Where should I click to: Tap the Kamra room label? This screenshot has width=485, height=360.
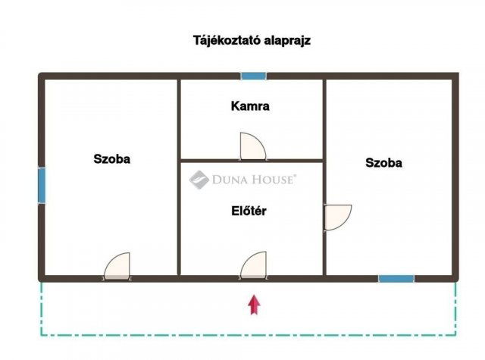click(250, 106)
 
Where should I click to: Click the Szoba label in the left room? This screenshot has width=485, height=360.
click(112, 159)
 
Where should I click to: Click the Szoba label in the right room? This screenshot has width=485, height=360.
click(383, 162)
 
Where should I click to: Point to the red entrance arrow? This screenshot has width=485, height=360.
click(254, 304)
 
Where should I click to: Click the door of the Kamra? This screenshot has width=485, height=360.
click(252, 146)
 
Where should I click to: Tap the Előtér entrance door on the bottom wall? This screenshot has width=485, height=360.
click(254, 266)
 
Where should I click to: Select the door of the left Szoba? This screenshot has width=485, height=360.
click(117, 266)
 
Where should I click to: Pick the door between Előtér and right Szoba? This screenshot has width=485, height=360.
click(336, 217)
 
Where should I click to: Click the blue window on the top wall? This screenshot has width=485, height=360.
click(253, 76)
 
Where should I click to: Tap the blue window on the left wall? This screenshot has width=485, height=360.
click(42, 185)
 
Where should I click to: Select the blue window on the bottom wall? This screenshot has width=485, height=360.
click(396, 278)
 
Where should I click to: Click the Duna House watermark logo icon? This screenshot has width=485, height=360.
click(199, 180)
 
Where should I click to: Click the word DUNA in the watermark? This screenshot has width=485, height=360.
click(230, 180)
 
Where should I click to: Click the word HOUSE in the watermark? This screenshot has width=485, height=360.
click(272, 180)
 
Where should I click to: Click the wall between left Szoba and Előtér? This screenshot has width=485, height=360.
click(179, 220)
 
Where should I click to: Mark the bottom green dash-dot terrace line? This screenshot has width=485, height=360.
click(250, 334)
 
